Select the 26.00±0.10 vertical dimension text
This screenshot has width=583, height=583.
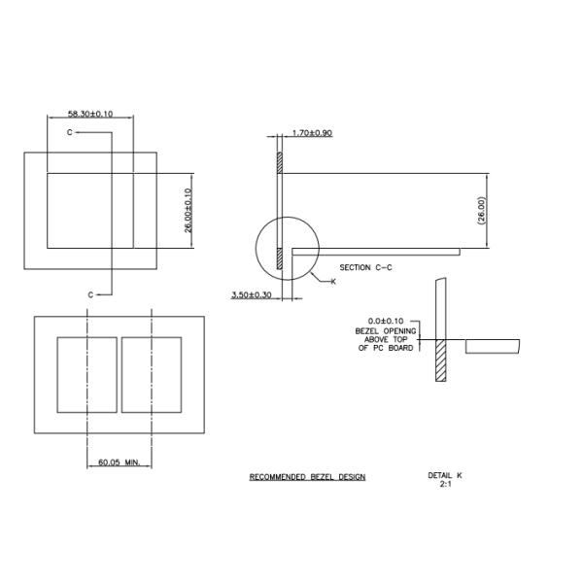[x=189, y=209]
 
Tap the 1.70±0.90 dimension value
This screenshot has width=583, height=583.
[x=312, y=132]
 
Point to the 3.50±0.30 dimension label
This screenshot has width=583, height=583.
[x=252, y=293]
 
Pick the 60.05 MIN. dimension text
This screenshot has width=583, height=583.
[x=120, y=463]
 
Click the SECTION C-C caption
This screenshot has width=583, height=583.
[x=367, y=267]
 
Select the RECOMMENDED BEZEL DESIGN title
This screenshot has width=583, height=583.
[x=307, y=477]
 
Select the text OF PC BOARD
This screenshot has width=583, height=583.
[x=387, y=347]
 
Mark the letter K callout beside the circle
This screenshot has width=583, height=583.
[x=332, y=281]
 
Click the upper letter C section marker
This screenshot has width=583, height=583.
[x=69, y=130]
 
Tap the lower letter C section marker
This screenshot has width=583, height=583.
[x=90, y=294]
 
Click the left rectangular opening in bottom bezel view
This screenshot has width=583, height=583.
[x=86, y=374]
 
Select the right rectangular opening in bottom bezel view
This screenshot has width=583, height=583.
[x=152, y=374]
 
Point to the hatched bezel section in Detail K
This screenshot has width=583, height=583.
[x=441, y=360]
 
